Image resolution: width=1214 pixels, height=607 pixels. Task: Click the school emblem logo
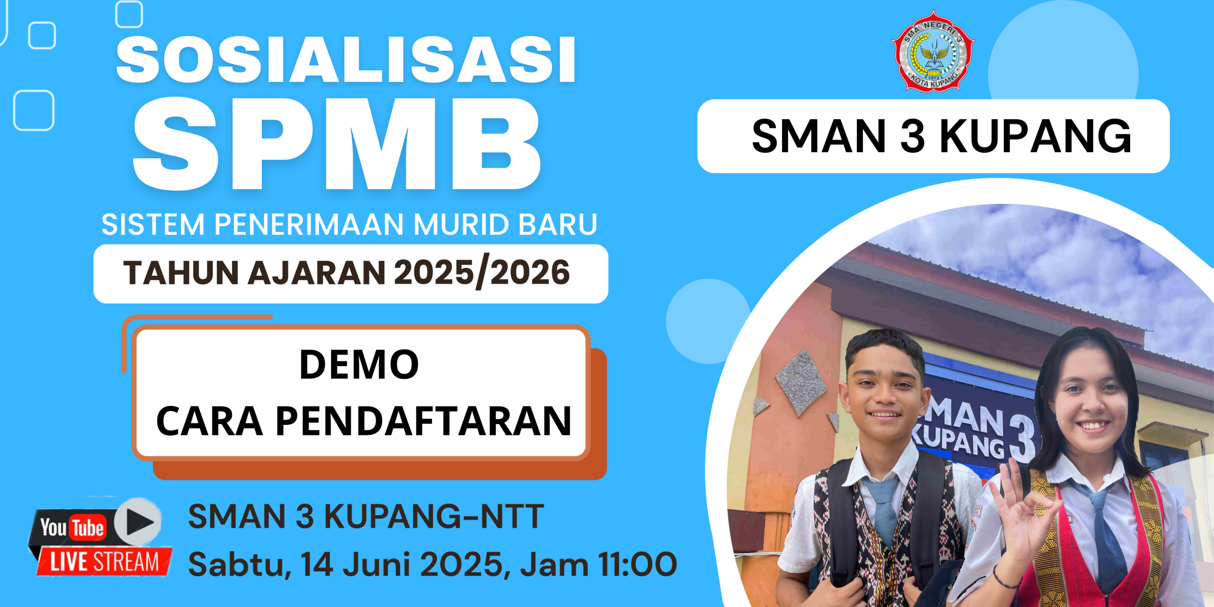933,51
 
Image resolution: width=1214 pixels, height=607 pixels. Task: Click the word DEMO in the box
359,364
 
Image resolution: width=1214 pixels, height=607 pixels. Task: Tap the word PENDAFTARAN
423,421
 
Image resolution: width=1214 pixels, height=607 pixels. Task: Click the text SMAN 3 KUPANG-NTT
366,516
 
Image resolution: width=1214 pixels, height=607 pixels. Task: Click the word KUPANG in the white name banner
1035,137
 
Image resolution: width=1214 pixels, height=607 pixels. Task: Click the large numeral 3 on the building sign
1022,438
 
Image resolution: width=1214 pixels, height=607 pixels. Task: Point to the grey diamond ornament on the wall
801,382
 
